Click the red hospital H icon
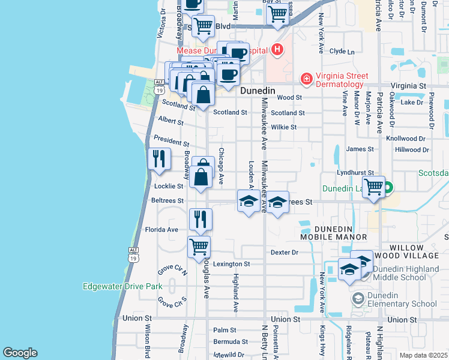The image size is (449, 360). tap(276, 50)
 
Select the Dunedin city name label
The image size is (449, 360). tap(258, 91)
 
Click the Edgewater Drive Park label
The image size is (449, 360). tap(122, 286)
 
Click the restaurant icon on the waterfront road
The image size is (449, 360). tap(159, 158)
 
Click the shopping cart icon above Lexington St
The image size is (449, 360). tap(199, 246)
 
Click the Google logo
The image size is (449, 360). tap(20, 353)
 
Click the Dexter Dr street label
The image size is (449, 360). tap(284, 253)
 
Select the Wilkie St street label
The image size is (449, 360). tap(283, 127)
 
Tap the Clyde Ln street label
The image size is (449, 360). tap(342, 52)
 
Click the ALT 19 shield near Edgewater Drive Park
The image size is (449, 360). tap(134, 254)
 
